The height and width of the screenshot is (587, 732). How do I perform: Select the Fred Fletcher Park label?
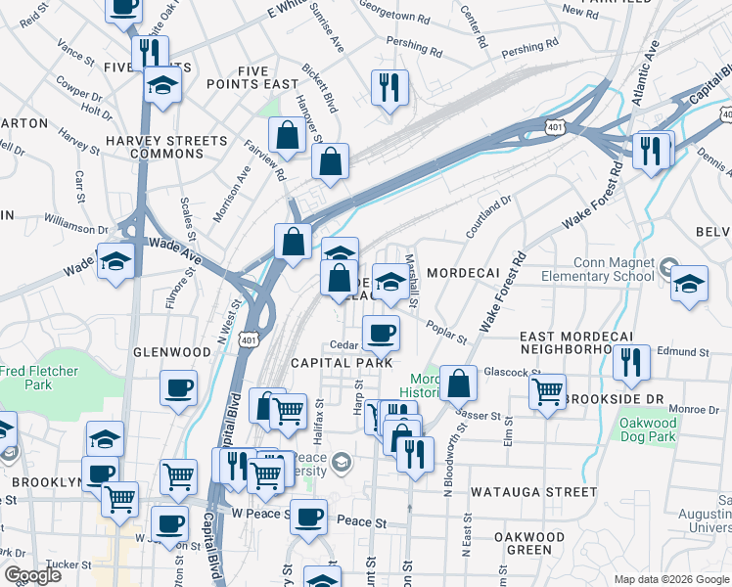[x=39, y=379]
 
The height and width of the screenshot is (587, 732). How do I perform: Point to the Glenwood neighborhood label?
[x=172, y=352]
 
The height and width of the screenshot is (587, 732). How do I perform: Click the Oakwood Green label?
[x=529, y=544]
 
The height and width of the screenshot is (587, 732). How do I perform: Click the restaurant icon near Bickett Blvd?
[x=389, y=87]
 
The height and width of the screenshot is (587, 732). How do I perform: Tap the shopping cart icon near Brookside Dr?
[x=548, y=391]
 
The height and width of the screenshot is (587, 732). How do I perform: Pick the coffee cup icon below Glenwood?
[x=179, y=387]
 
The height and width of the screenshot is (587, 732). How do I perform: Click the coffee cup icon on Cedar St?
[x=381, y=333]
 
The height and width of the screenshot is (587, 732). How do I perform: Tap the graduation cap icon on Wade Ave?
[x=115, y=261]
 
